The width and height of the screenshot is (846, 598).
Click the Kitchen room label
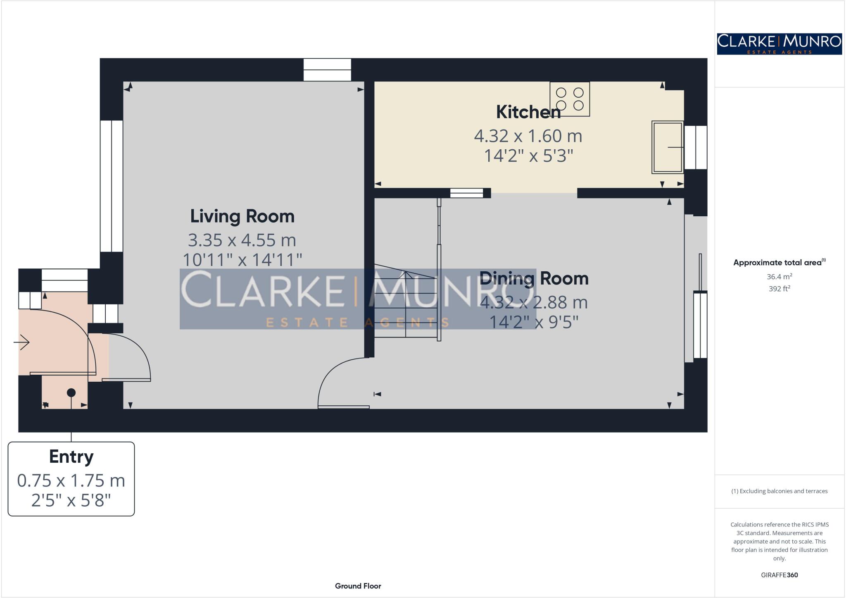tap(528, 112)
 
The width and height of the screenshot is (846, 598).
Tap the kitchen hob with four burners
tap(569, 99)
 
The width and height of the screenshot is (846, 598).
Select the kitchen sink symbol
tap(667, 147)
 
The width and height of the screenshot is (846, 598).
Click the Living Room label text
tap(242, 216)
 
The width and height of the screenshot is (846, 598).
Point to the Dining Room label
tap(534, 278)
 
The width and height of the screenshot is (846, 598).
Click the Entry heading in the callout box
tap(71, 457)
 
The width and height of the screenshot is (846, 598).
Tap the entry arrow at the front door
tap(22, 342)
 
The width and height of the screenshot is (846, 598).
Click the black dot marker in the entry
tap(71, 392)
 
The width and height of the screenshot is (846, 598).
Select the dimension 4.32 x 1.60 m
tap(528, 136)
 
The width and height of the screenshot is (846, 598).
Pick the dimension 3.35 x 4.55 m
tap(242, 240)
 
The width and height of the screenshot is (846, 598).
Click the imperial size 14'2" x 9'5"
tap(534, 322)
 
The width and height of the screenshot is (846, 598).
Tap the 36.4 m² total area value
tap(779, 277)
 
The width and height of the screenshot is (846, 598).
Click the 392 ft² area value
tap(779, 289)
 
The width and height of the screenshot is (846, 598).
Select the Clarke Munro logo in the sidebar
tap(779, 44)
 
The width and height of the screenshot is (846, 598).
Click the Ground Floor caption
tap(358, 586)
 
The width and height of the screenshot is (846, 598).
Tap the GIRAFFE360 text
tap(779, 575)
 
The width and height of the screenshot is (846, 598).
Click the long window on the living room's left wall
tap(112, 186)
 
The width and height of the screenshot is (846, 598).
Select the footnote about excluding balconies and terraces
tap(779, 491)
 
